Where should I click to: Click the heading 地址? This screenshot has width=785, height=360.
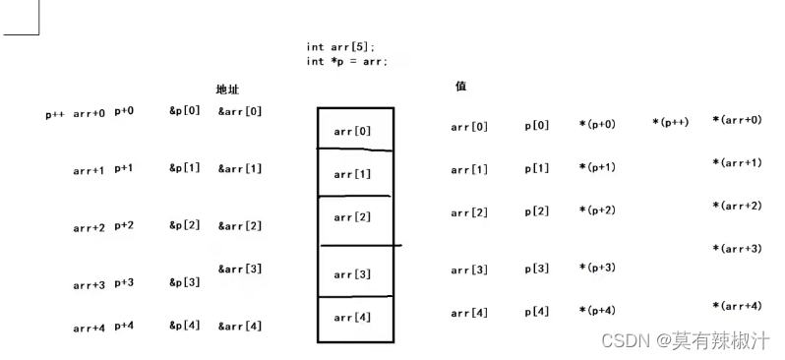coord(229,89)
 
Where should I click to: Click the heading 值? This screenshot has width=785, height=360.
coord(460,86)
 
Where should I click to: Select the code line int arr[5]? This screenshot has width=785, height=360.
coord(340,46)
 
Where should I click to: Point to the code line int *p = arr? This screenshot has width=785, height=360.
coord(346,61)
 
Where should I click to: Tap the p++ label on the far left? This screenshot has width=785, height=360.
coord(55,113)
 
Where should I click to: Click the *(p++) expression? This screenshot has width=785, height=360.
coord(670,122)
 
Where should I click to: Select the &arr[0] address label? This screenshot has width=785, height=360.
coord(240,111)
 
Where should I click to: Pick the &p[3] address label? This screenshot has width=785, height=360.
coord(185,282)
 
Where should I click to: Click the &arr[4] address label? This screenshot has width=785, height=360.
coord(240,326)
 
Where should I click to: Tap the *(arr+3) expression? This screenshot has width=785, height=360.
coord(737,249)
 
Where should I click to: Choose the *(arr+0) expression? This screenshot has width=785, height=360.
coord(737,120)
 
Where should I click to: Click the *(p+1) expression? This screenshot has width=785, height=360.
coord(597,167)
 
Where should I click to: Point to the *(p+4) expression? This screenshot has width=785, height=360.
coord(597,311)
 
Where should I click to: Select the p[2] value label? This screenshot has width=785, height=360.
coord(537,210)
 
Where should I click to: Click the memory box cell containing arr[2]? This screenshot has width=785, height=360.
coord(354,218)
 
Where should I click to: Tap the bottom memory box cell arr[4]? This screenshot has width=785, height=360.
coord(354,318)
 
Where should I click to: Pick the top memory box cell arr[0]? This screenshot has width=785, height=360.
coord(354,131)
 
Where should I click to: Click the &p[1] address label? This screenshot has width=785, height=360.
coord(185,168)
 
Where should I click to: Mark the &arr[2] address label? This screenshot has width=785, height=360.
coord(240,226)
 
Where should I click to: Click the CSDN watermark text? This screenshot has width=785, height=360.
coord(685,340)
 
